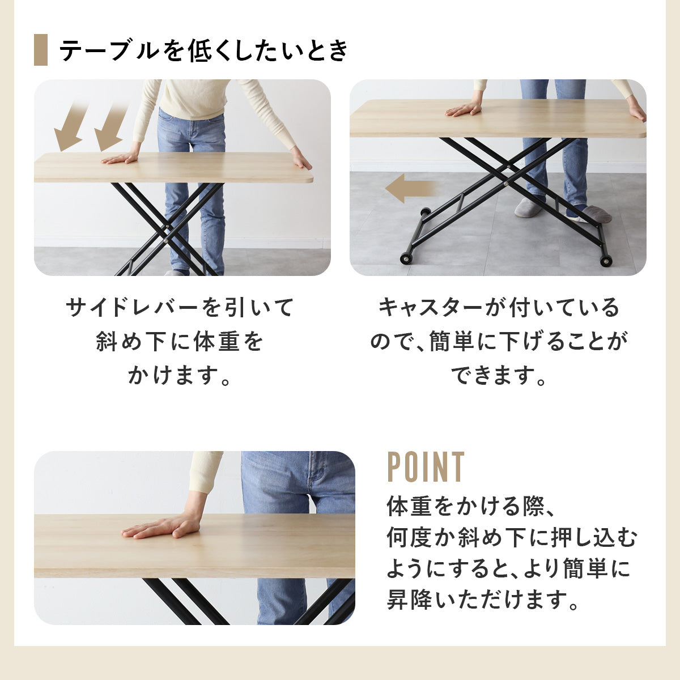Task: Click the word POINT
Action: pos(426,467)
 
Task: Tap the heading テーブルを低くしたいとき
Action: pos(203,50)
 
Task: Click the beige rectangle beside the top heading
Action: pos(41,50)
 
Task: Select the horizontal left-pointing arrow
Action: pos(410,189)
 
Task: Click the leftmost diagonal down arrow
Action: pos(70,126)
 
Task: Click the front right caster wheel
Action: pos(606,261)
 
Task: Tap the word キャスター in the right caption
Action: pos(430,307)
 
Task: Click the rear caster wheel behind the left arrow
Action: pos(425,213)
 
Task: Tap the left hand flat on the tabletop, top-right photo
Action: pos(463,109)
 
